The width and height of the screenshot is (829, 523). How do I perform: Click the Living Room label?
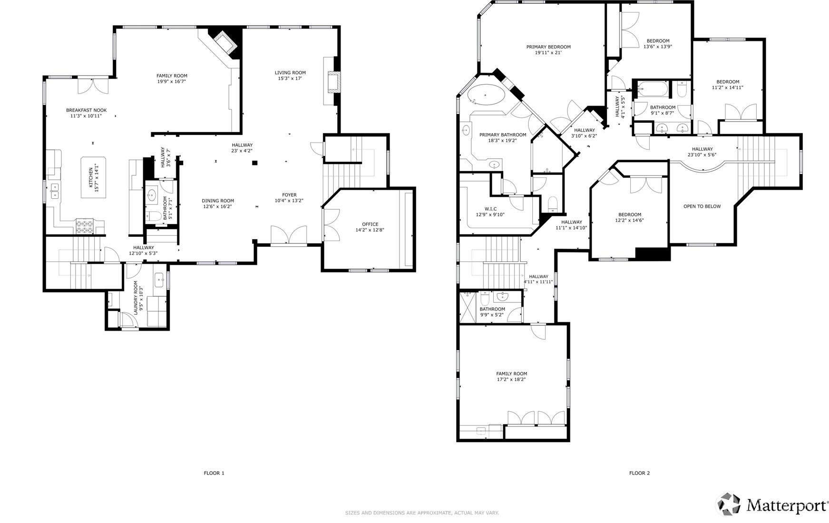pyautogui.click(x=290, y=73)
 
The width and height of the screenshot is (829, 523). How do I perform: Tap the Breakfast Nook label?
pyautogui.click(x=86, y=110)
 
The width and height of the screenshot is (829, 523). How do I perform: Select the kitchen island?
pyautogui.click(x=94, y=177)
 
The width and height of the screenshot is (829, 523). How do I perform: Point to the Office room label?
pyautogui.click(x=370, y=224)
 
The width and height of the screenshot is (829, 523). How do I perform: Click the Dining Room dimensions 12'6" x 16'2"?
pyautogui.click(x=218, y=207)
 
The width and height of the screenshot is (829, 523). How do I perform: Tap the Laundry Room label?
pyautogui.click(x=136, y=298)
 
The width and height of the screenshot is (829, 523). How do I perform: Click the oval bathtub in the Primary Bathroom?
pyautogui.click(x=486, y=96)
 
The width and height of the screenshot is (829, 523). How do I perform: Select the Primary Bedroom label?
pyautogui.click(x=548, y=47)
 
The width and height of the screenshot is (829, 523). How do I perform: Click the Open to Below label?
pyautogui.click(x=702, y=206)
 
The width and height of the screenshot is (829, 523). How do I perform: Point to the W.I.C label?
pyautogui.click(x=490, y=209)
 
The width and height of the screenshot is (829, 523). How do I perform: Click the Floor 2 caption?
pyautogui.click(x=639, y=473)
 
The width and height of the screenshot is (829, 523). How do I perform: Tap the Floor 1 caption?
pyautogui.click(x=214, y=473)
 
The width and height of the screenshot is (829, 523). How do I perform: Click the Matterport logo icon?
pyautogui.click(x=729, y=504)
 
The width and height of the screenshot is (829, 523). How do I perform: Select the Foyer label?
pyautogui.click(x=289, y=195)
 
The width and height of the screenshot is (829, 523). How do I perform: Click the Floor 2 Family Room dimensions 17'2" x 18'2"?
pyautogui.click(x=512, y=380)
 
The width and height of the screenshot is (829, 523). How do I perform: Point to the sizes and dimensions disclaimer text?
pyautogui.click(x=422, y=513)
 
